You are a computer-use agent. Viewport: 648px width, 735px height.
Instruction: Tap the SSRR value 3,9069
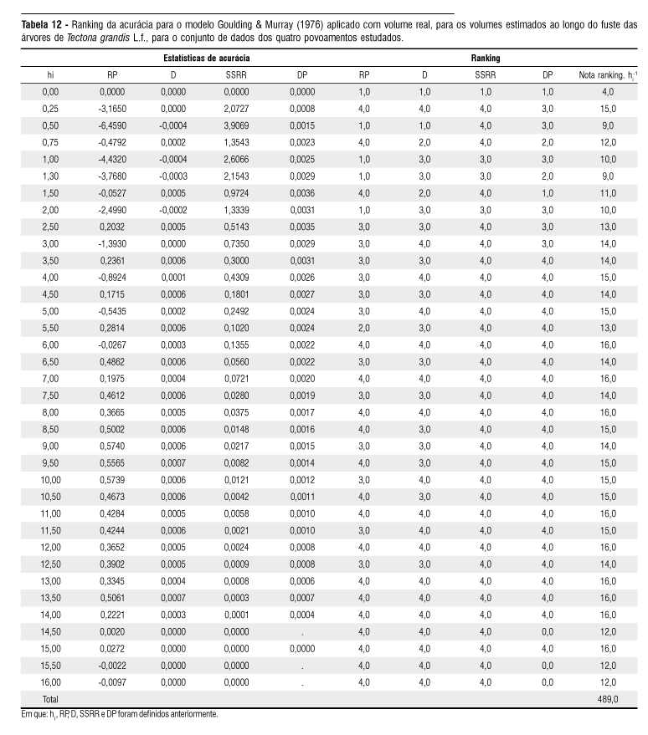[x=237, y=125]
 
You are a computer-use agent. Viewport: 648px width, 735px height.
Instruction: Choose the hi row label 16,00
[x=50, y=681]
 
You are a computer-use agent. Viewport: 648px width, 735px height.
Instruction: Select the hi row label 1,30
[x=50, y=176]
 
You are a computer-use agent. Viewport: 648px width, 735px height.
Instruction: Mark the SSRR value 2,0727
[x=237, y=108]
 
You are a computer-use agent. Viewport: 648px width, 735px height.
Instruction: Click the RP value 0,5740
[x=113, y=446]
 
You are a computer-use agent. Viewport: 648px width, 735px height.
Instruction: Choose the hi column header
[x=50, y=75]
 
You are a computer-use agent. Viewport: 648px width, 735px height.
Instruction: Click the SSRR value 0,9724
[x=237, y=192]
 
